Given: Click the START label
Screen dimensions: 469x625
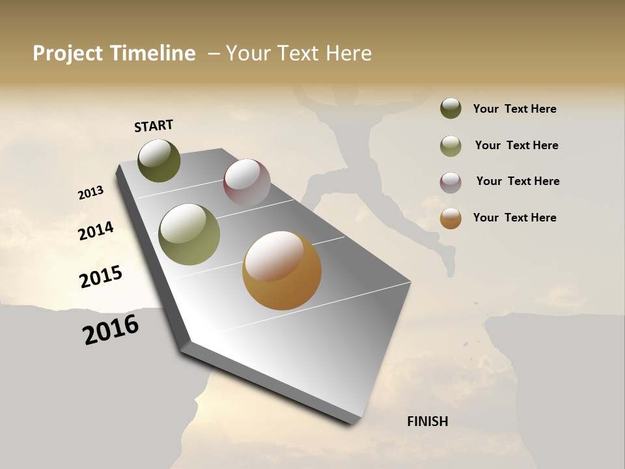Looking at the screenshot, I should pyautogui.click(x=154, y=126).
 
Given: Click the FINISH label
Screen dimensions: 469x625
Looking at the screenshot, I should pyautogui.click(x=427, y=421).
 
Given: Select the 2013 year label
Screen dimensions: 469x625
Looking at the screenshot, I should pyautogui.click(x=90, y=193).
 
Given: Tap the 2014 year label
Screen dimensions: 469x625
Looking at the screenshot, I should pyautogui.click(x=96, y=231).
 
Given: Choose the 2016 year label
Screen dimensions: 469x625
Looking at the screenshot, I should pyautogui.click(x=111, y=330).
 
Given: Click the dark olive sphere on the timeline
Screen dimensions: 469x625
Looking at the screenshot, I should pyautogui.click(x=160, y=160).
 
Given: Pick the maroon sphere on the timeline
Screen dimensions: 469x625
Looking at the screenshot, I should pyautogui.click(x=247, y=182).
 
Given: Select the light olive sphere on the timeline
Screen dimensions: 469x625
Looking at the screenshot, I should pyautogui.click(x=189, y=234).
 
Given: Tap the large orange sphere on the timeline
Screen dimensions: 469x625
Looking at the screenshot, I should pyautogui.click(x=282, y=270).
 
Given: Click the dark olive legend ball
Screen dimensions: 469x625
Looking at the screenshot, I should pyautogui.click(x=451, y=108).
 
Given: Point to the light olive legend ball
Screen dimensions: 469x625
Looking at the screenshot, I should pyautogui.click(x=451, y=146).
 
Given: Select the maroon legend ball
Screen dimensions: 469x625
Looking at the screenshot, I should pyautogui.click(x=451, y=182).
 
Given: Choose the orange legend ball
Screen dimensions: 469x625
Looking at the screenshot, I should pyautogui.click(x=451, y=219).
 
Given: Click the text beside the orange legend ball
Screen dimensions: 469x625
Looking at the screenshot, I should pyautogui.click(x=514, y=218).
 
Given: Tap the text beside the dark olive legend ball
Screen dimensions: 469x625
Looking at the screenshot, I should pyautogui.click(x=514, y=109).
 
